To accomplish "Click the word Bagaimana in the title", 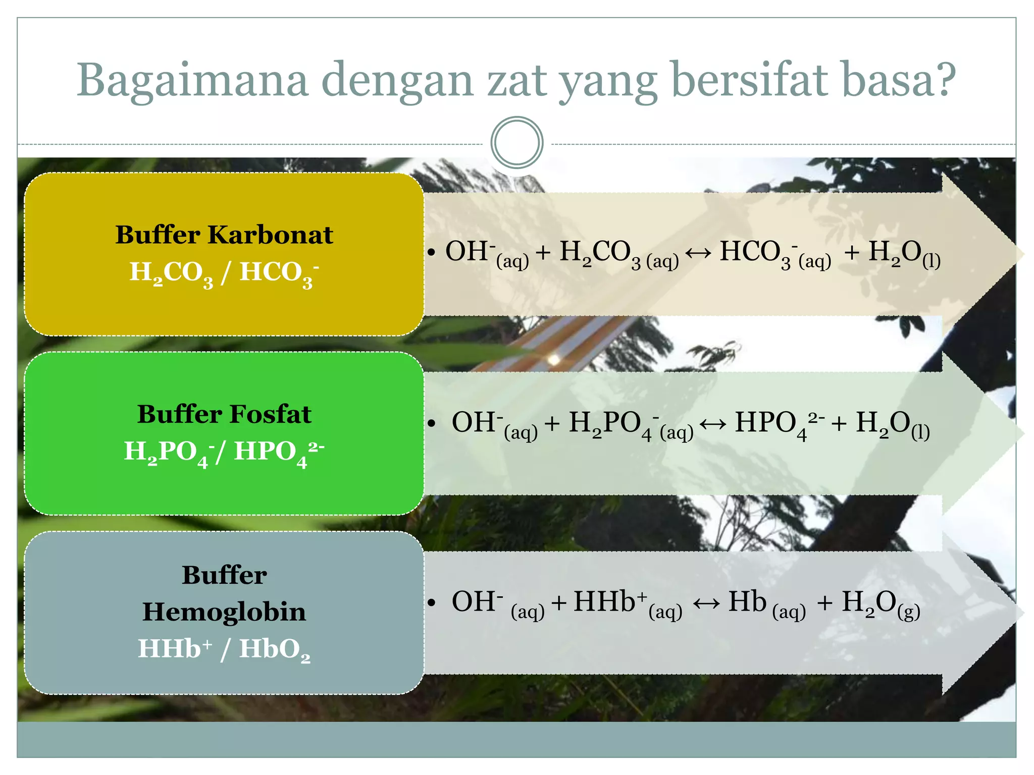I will pos(192,81).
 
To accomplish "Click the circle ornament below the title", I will pos(516,143).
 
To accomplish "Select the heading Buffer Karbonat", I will pos(224,235).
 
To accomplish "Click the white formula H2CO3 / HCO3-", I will pos(224,273).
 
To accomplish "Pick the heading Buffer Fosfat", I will pos(224,414).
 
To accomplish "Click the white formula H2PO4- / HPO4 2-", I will pos(224,452).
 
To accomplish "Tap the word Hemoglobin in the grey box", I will pos(224,612).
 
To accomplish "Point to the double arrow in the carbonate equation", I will pos(698,252).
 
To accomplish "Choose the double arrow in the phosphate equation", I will pos(713,424).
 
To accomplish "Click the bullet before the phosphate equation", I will pos(431,423).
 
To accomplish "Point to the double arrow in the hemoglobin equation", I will pos(706,603).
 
